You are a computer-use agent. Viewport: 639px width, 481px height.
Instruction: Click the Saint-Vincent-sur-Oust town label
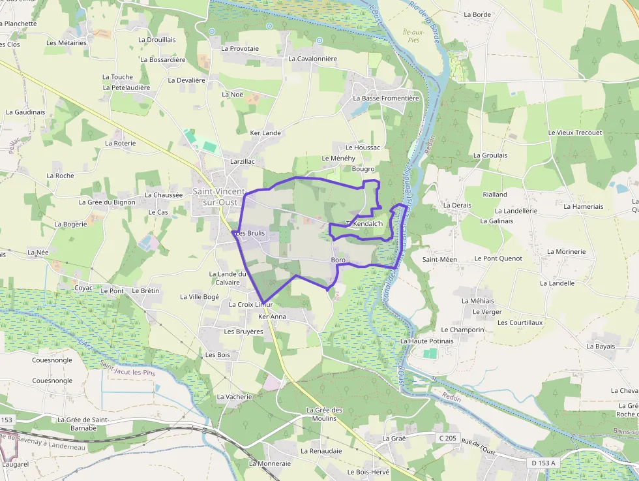click(218, 196)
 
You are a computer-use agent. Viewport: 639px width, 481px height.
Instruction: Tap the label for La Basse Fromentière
click(386, 99)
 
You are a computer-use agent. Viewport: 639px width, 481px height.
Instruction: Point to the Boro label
click(338, 260)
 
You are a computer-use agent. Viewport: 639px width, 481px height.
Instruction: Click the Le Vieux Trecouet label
click(575, 132)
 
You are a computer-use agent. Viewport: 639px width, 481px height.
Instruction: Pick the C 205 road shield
click(447, 437)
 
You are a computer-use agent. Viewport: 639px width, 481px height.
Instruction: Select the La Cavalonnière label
click(312, 58)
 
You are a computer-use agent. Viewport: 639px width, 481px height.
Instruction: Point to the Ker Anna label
click(272, 317)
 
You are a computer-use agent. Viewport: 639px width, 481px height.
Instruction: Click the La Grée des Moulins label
click(324, 414)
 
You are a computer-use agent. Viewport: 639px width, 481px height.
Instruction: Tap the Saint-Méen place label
click(439, 259)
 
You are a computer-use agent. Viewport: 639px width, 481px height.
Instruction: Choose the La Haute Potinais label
click(427, 341)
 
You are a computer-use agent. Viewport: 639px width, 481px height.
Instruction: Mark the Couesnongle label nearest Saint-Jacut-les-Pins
click(52, 360)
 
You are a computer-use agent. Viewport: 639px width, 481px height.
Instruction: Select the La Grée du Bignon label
click(107, 202)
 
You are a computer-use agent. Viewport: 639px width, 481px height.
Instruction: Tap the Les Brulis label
click(250, 233)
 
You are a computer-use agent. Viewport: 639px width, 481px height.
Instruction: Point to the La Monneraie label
click(269, 463)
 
